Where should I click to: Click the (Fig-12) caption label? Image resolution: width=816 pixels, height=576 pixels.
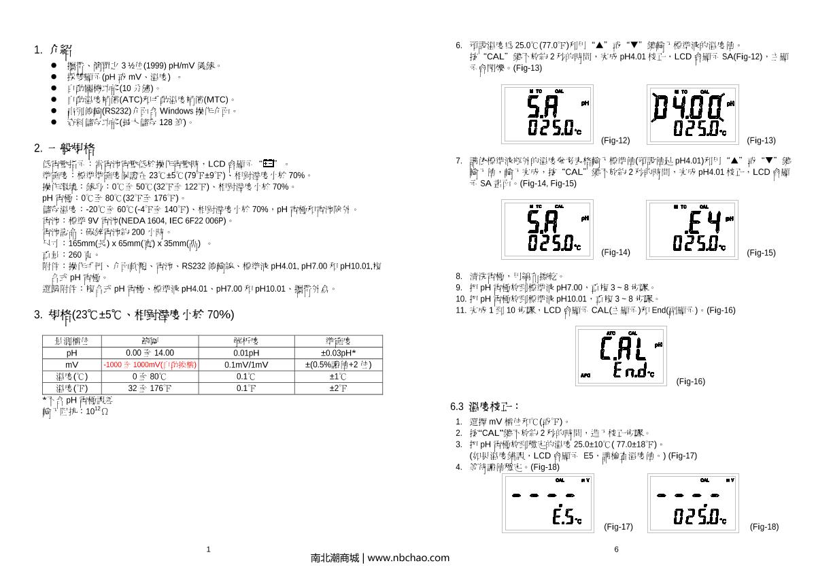[x=615, y=141]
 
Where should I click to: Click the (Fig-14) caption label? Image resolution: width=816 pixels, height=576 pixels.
[x=615, y=253]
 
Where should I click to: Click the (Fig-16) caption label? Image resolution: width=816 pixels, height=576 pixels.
[x=690, y=382]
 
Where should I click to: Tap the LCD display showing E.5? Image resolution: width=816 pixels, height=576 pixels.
[x=547, y=503]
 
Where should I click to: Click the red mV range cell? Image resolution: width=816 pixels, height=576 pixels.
[x=150, y=365]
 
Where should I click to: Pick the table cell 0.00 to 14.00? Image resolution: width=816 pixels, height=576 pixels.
[x=150, y=353]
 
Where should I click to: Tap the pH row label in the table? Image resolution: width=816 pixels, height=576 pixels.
[x=72, y=353]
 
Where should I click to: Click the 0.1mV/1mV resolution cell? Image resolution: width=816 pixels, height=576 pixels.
[x=246, y=365]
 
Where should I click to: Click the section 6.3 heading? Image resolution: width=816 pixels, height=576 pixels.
[x=485, y=407]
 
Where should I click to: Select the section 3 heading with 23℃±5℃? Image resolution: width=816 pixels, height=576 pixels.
[x=134, y=315]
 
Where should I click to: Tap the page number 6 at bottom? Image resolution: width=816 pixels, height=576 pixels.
[x=616, y=549]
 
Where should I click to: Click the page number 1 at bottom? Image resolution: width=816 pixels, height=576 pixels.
[x=209, y=549]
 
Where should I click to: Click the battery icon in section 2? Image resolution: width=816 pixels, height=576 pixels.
[x=269, y=163]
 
